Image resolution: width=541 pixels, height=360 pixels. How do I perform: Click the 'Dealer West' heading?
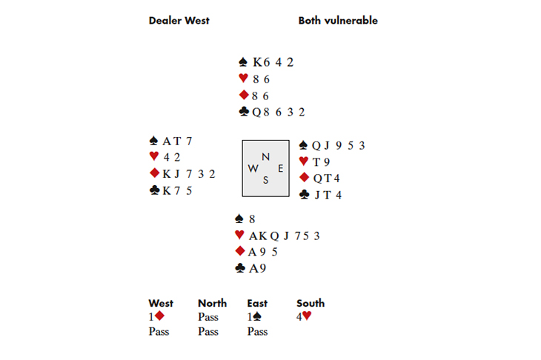179,21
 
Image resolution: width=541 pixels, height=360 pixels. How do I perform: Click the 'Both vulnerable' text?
338,21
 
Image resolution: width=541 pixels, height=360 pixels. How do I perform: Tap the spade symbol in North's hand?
242,62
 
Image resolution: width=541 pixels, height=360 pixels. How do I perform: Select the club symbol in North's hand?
243,112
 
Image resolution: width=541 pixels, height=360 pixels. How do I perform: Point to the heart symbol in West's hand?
154,156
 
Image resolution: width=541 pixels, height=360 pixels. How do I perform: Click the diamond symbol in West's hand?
154,173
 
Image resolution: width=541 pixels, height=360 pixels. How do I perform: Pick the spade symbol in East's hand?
303,145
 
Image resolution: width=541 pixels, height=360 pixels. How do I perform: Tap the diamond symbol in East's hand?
303,178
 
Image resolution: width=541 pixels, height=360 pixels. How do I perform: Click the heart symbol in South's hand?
239,236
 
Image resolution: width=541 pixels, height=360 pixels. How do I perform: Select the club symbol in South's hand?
239,269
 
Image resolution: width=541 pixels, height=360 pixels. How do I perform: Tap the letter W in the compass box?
253,168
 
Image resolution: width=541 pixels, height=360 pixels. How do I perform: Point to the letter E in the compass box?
280,168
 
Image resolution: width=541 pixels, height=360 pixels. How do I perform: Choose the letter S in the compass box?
265,179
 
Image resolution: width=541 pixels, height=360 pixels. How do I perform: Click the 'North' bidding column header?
212,303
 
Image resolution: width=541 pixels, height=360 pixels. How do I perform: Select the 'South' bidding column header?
311,303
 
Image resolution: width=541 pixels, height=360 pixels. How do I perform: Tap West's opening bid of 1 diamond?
156,316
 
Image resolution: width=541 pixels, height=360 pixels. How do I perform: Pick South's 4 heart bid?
305,316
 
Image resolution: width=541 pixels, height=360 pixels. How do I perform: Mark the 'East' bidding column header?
257,303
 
